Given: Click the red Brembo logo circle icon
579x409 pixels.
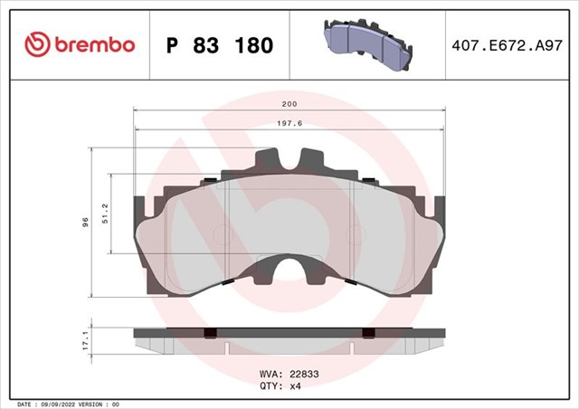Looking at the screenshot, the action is click(x=37, y=44).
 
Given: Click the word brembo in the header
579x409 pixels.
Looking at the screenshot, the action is click(x=95, y=44).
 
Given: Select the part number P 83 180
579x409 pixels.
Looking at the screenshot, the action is click(x=220, y=45).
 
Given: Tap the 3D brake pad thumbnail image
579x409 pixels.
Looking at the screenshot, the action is click(x=368, y=44).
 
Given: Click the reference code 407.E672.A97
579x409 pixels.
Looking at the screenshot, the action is click(x=507, y=45).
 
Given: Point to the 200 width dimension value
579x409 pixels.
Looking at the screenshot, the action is click(x=289, y=104).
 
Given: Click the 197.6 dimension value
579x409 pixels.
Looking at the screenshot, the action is click(x=289, y=123).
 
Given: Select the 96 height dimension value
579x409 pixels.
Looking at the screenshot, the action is click(x=85, y=222).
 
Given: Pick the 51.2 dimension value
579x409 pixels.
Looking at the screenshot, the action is click(x=105, y=214).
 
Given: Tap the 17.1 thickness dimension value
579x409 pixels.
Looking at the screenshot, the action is click(x=85, y=340).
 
